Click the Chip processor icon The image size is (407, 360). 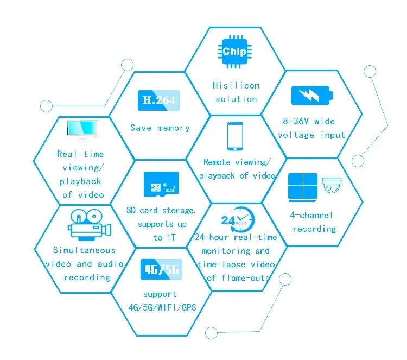(234, 52)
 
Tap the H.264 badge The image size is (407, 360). (158, 100)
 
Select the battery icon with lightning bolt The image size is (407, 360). (312, 96)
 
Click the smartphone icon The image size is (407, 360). (235, 136)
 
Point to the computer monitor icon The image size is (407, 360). (82, 131)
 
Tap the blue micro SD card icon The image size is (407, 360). (161, 184)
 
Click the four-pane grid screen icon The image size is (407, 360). (303, 187)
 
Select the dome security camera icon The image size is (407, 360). (332, 185)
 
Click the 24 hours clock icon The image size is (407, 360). (238, 220)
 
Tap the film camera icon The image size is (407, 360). (90, 225)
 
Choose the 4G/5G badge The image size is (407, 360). (161, 269)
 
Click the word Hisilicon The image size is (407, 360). (236, 85)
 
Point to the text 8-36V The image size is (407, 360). (296, 121)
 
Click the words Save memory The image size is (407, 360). (160, 128)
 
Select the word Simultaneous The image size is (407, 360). (84, 250)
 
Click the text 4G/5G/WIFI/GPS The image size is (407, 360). (162, 307)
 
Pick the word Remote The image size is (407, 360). (217, 162)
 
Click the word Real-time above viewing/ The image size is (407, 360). (80, 154)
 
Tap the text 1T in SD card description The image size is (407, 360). (171, 237)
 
